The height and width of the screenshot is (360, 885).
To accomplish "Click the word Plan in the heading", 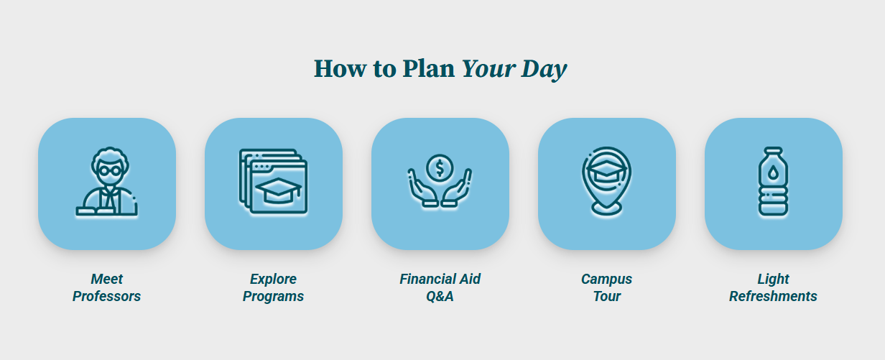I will (428, 68).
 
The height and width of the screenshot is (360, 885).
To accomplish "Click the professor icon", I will (107, 183).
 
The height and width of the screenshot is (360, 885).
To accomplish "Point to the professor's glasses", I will (108, 170).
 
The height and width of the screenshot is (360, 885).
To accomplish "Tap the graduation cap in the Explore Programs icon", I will (278, 190).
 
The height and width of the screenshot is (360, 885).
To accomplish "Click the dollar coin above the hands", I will (440, 168).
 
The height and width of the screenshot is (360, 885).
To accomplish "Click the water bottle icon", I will (773, 183).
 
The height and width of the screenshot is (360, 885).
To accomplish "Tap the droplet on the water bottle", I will (774, 172).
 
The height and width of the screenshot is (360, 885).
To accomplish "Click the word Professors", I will (106, 296).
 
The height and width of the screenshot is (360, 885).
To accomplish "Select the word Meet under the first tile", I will (107, 279).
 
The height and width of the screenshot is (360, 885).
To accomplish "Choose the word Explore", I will (273, 279).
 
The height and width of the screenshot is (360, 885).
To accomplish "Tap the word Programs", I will (273, 296).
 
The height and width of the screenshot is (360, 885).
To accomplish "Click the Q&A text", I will (440, 296).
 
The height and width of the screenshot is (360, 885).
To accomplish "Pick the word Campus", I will (606, 279).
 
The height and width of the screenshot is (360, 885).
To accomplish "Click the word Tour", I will (606, 296).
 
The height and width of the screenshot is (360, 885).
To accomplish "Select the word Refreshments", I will (773, 296).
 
